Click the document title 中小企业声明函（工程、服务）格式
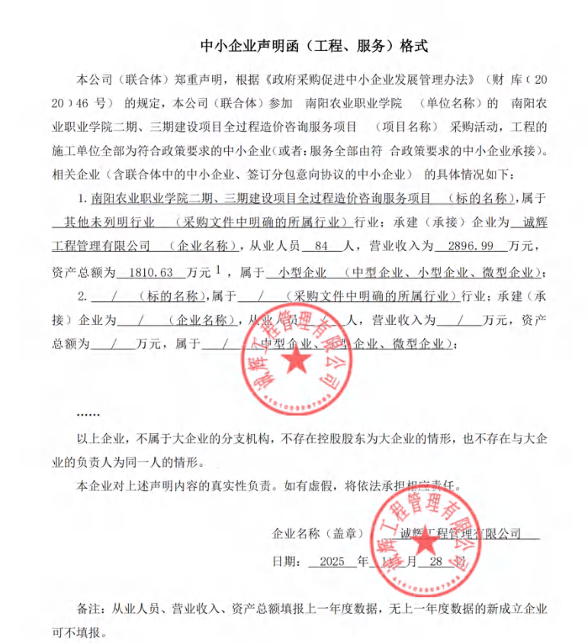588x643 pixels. tap(313, 46)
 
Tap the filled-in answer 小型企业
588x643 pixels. tap(302, 272)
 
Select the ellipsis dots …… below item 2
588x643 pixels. tap(88, 413)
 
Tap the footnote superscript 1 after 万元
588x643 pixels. tap(218, 269)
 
